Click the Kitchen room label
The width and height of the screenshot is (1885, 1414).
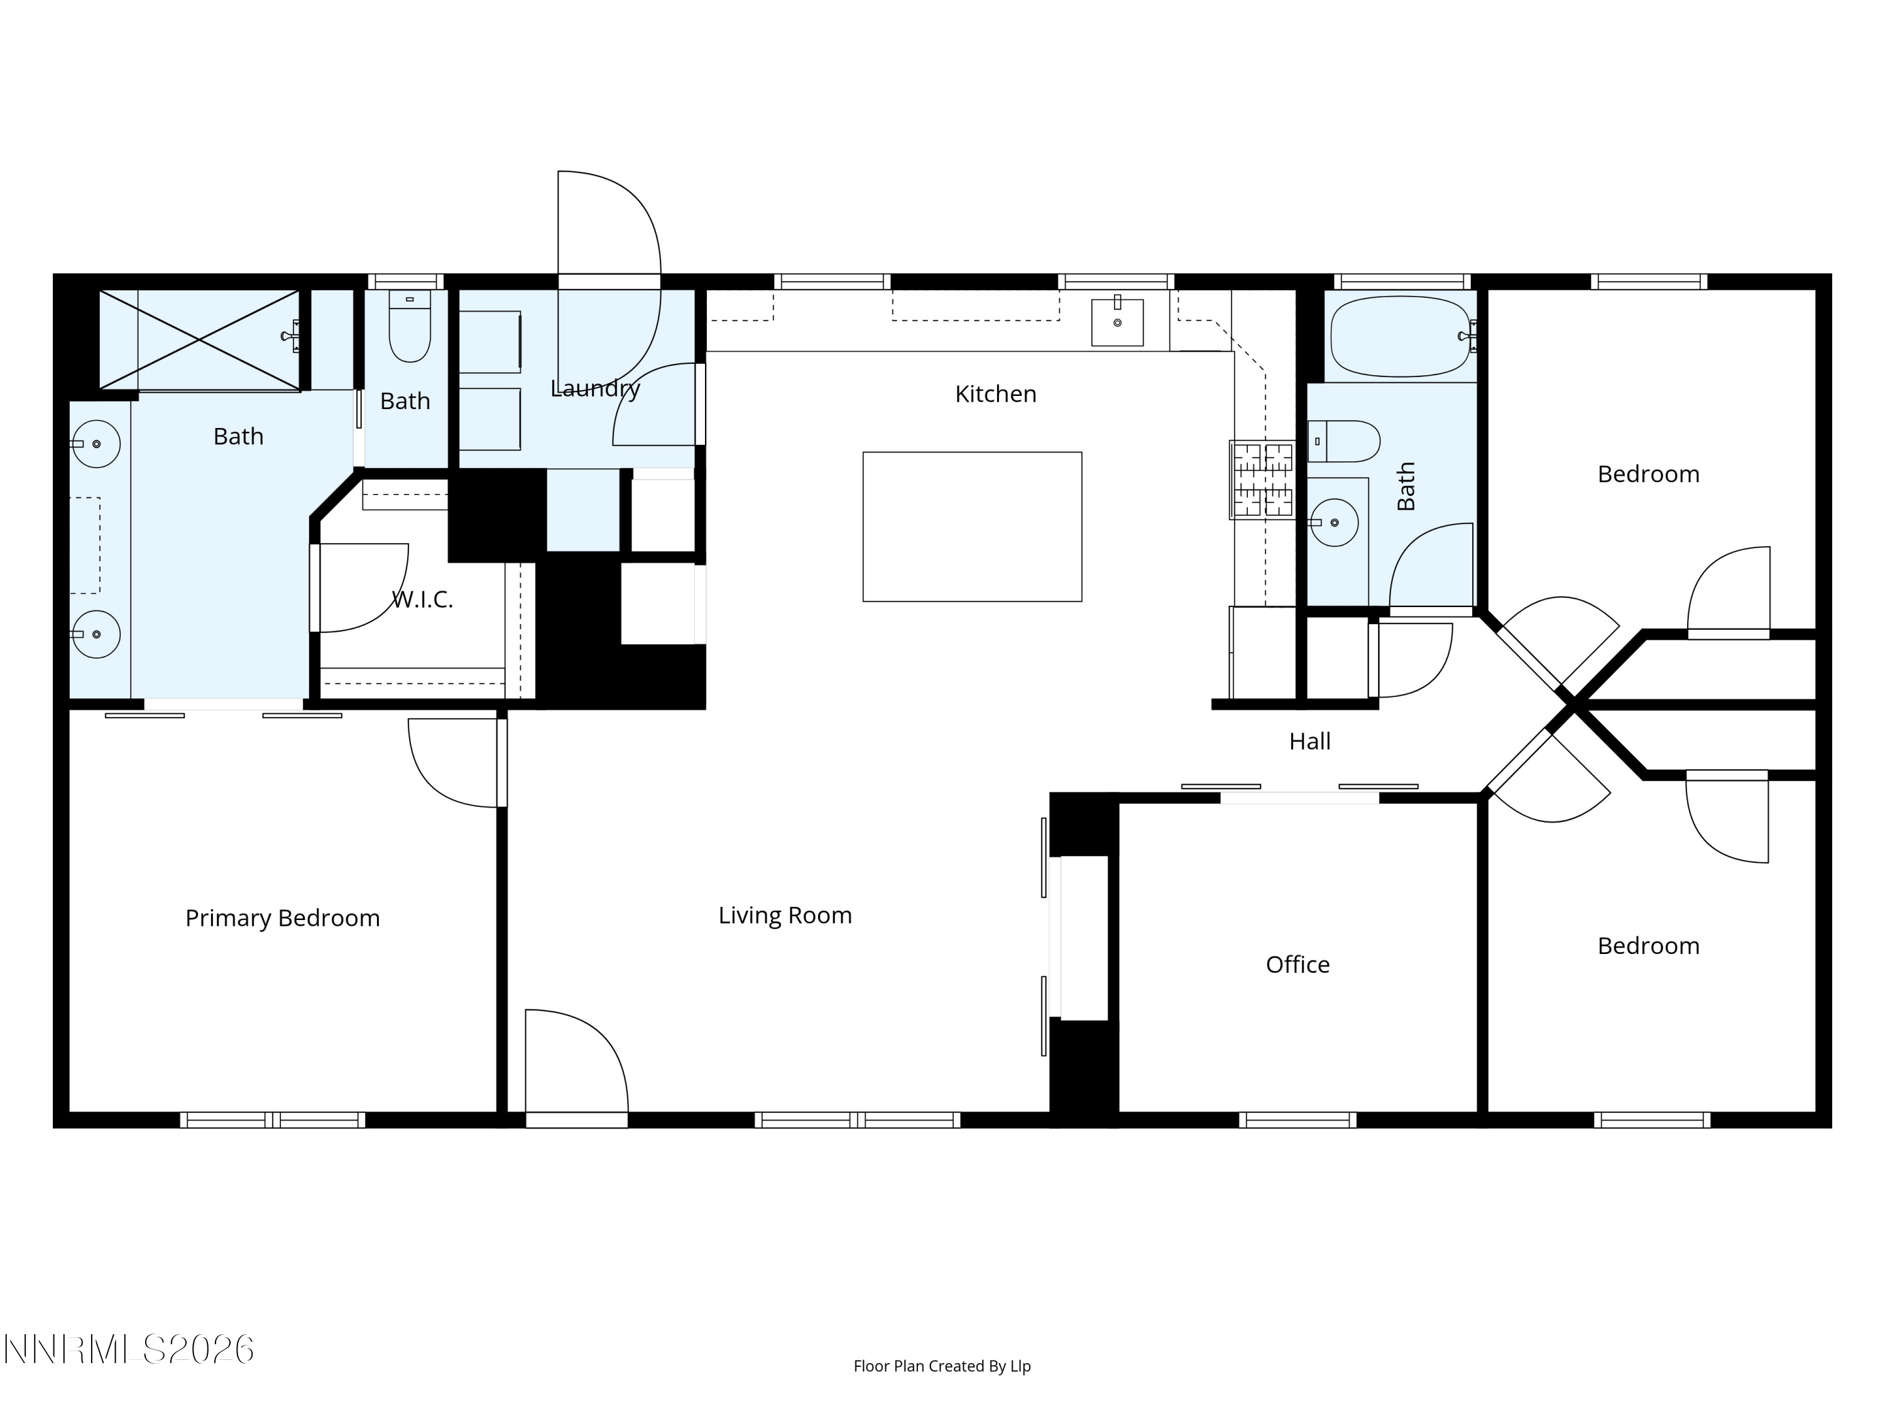click(995, 394)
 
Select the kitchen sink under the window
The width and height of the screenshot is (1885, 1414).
click(1117, 321)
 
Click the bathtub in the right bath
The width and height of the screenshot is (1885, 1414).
click(1401, 337)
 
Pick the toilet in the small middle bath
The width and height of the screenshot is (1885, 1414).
click(410, 326)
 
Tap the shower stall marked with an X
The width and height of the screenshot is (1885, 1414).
click(199, 340)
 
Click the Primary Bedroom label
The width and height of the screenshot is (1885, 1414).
click(282, 918)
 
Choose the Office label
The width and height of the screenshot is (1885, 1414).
click(1297, 964)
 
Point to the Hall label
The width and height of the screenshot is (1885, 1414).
click(1310, 742)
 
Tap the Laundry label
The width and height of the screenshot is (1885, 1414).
click(595, 388)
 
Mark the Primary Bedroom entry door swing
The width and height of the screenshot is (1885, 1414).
click(454, 763)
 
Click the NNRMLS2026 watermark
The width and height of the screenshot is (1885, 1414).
click(129, 1349)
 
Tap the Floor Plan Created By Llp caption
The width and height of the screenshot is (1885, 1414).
click(942, 1366)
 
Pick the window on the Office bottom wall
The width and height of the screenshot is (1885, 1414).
click(1297, 1120)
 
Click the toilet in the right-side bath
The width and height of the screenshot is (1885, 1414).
click(1344, 441)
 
